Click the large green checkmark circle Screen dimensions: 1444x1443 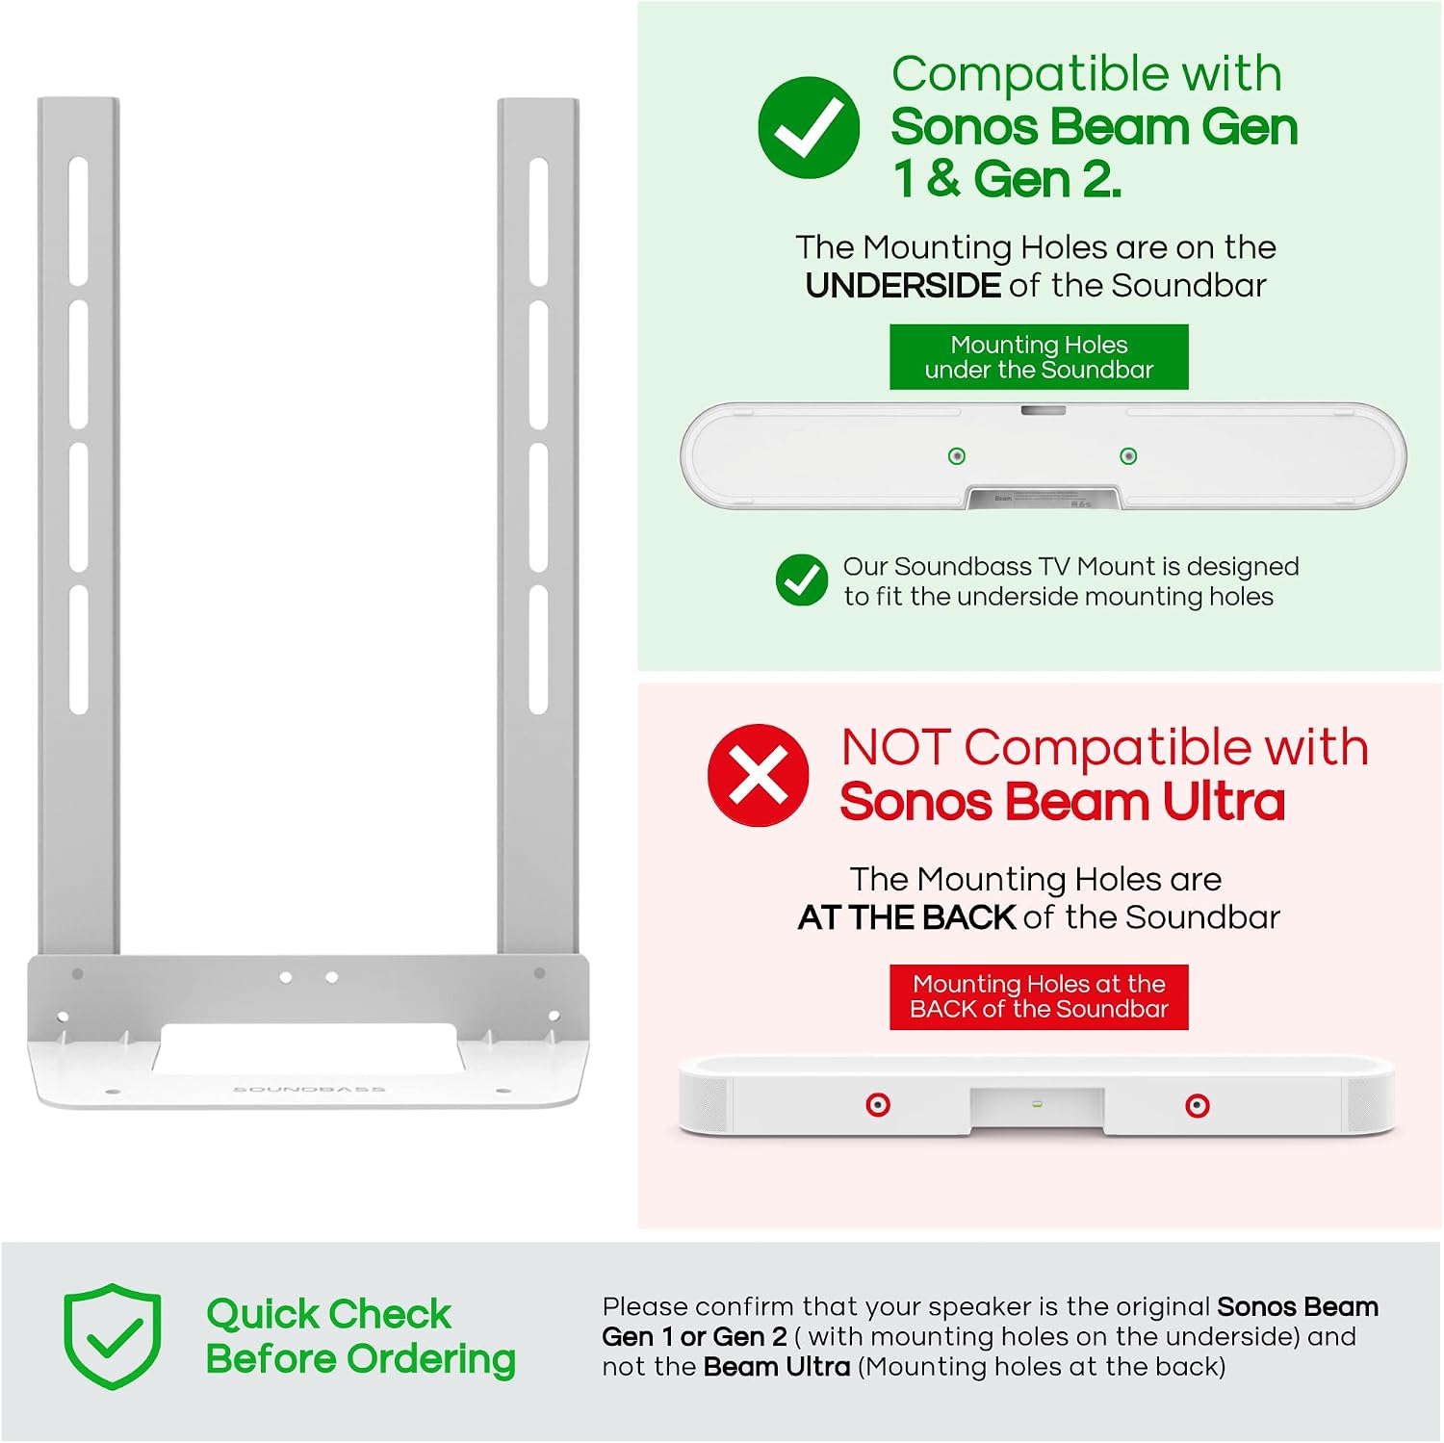809,127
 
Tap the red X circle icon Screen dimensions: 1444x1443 759,775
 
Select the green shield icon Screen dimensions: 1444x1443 113,1336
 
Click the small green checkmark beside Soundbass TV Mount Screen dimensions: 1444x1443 802,580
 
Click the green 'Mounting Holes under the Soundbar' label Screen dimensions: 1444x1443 1039,357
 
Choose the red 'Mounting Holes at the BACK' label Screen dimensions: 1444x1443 1039,996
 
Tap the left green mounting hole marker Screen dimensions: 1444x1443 957,456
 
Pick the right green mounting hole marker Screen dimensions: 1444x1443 1129,456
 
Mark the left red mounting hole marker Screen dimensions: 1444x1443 878,1105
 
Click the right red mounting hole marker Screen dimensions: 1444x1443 1198,1105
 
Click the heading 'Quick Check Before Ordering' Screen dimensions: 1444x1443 361,1336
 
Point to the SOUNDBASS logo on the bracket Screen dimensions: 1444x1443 309,1090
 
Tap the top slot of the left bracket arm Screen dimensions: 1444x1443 79,221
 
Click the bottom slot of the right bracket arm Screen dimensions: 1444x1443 539,650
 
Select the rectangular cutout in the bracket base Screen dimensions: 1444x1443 308,1047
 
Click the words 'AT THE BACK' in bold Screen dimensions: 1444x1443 907,917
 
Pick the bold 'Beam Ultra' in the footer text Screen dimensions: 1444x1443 777,1367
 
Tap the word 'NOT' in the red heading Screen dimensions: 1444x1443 896,747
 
